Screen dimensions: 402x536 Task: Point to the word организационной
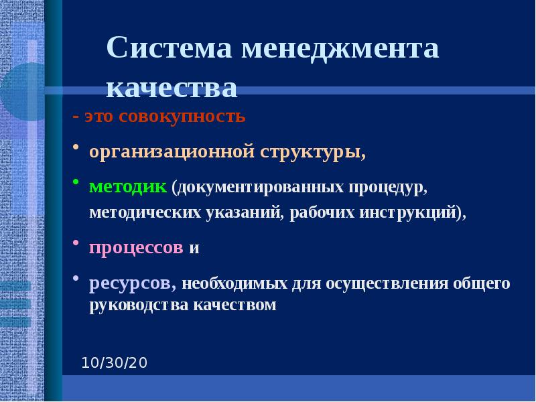pos(171,152)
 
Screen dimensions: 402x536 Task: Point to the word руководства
pos(140,306)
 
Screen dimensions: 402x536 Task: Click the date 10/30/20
pos(114,363)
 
